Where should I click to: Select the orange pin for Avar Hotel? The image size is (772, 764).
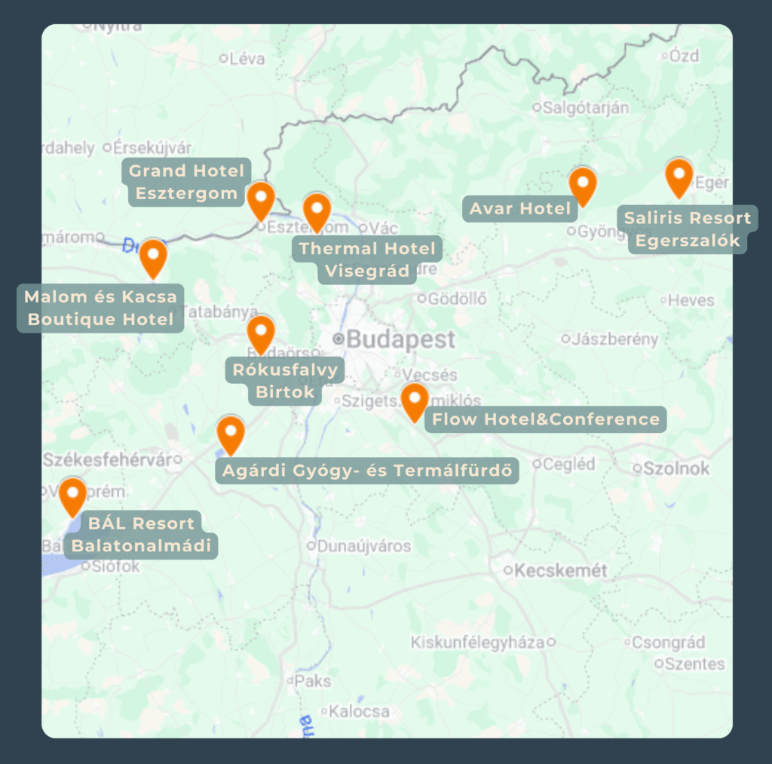(x=582, y=184)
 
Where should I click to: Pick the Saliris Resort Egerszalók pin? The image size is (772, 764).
(x=679, y=176)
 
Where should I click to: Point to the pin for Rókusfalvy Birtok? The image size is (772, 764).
(x=261, y=333)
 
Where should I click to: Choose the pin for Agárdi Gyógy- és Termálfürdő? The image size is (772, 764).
(x=231, y=433)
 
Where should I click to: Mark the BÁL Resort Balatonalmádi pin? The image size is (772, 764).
(x=73, y=495)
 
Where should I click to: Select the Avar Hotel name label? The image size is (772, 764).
(x=520, y=208)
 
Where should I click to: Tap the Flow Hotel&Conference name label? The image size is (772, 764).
(x=546, y=419)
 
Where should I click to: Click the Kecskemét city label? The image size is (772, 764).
(x=560, y=570)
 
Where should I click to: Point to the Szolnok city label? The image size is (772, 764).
(x=675, y=468)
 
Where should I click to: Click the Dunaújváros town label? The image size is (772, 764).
(x=364, y=545)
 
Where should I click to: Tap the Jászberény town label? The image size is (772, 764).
(x=614, y=339)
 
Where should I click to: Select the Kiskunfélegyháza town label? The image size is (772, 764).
(x=477, y=643)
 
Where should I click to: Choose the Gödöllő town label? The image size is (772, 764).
(x=457, y=299)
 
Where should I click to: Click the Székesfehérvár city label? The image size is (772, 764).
(x=107, y=459)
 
